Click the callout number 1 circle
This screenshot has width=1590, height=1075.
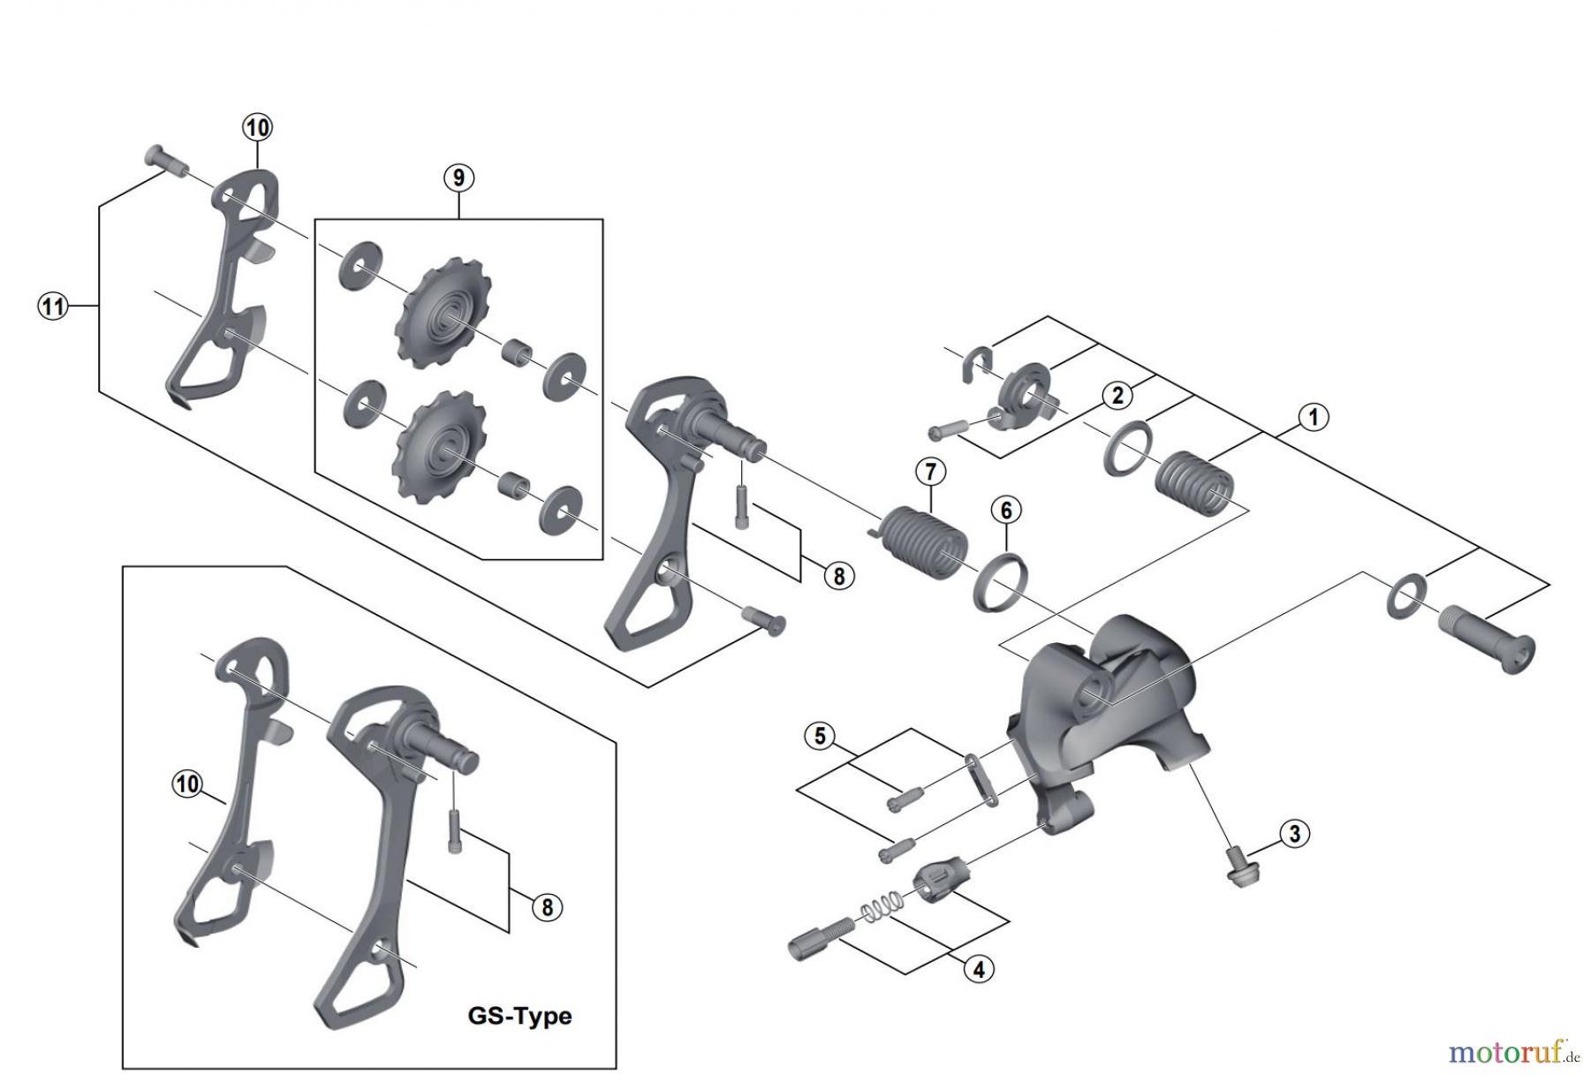[x=1313, y=417]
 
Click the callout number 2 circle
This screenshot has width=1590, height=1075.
[x=1117, y=395]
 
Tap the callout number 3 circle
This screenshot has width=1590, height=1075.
[x=1294, y=833]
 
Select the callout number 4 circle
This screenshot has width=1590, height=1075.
[x=979, y=969]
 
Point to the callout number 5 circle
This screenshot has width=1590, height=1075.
[x=820, y=736]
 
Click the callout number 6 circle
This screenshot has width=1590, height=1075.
[x=1006, y=510]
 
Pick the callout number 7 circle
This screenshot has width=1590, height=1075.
[x=930, y=472]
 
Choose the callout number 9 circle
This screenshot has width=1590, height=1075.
[x=458, y=178]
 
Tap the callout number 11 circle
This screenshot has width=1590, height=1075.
[x=53, y=307]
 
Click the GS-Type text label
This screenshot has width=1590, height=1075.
[x=519, y=1016]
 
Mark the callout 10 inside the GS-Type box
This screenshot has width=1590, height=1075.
[x=187, y=784]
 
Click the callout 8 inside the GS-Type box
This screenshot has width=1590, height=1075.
[x=547, y=907]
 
